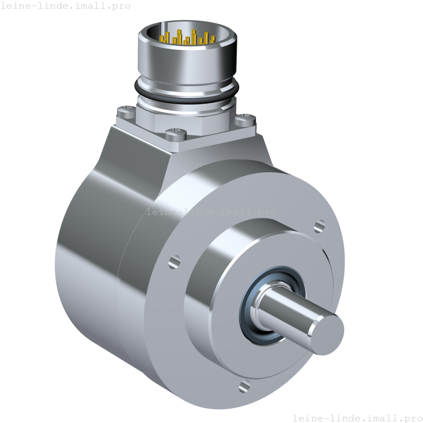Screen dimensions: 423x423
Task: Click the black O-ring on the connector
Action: pos(186,95)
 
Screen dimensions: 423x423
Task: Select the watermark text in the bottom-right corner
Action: pos(357,418)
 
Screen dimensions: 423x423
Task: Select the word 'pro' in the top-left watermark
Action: pos(122,6)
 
